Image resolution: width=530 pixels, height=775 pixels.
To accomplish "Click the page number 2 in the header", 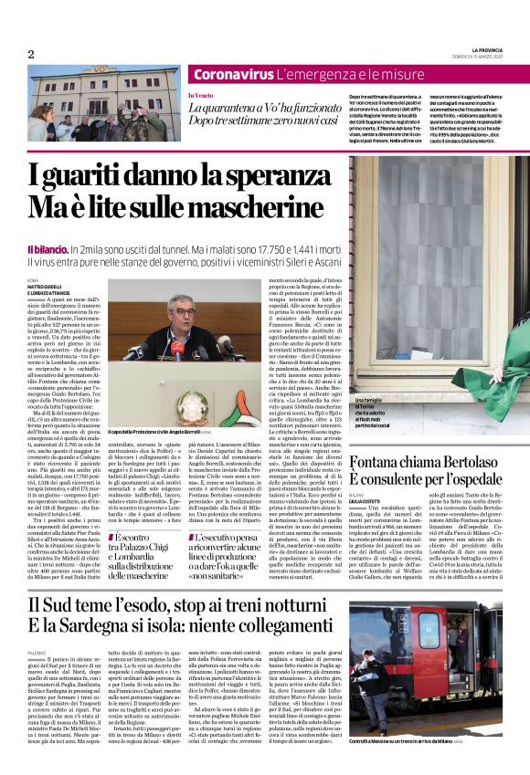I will click(30, 54).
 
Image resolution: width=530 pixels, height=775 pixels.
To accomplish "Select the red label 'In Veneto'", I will click(201, 95).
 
